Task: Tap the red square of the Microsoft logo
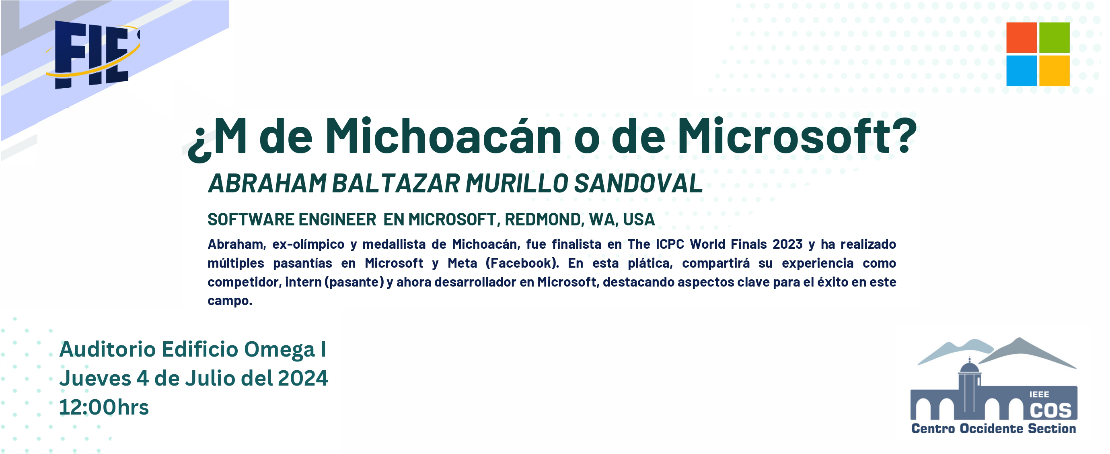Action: pyautogui.click(x=1021, y=37)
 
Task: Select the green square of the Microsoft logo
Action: pyautogui.click(x=1054, y=37)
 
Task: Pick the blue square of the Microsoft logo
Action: pyautogui.click(x=1021, y=71)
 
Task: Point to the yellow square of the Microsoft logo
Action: pyautogui.click(x=1054, y=71)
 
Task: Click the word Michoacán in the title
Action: pyautogui.click(x=443, y=135)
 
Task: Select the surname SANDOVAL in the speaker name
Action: pyautogui.click(x=638, y=183)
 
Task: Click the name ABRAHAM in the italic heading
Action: pyautogui.click(x=267, y=183)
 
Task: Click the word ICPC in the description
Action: pyautogui.click(x=670, y=244)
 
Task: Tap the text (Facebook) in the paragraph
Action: pyautogui.click(x=522, y=263)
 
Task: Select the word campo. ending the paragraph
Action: pyautogui.click(x=230, y=301)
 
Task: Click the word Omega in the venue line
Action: pyautogui.click(x=280, y=350)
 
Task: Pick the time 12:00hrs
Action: pyautogui.click(x=104, y=407)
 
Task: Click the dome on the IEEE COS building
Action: pyautogui.click(x=970, y=367)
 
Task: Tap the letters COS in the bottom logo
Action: pyautogui.click(x=1050, y=411)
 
